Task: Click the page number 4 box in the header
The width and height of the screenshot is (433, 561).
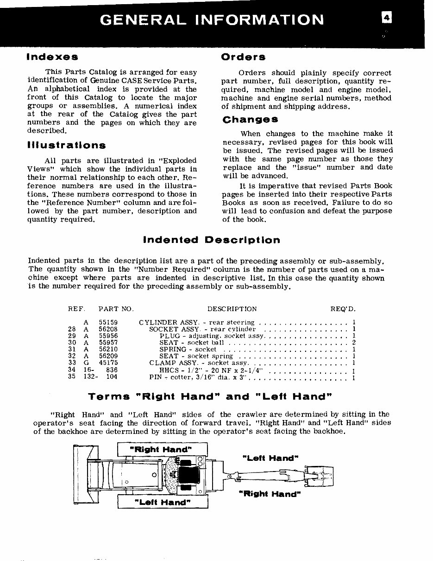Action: (x=386, y=18)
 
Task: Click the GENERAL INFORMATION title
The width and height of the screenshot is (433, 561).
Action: (x=212, y=20)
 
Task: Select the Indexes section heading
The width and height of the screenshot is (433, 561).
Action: (x=52, y=57)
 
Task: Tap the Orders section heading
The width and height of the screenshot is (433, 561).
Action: (x=243, y=57)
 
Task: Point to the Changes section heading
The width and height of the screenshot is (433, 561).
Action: (x=250, y=120)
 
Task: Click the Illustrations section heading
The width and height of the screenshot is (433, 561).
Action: (x=66, y=146)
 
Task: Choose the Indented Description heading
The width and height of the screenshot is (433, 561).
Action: (x=212, y=240)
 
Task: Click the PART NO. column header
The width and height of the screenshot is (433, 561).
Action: (x=116, y=309)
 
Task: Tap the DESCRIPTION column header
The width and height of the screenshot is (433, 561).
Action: (x=232, y=309)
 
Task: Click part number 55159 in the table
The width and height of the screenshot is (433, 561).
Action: (x=108, y=322)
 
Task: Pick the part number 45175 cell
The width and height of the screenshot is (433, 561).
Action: (x=108, y=363)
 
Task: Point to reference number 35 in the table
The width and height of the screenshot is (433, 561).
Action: (x=72, y=377)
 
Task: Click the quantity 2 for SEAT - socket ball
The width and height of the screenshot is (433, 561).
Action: (x=353, y=343)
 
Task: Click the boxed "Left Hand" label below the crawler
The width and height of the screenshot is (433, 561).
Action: (x=162, y=502)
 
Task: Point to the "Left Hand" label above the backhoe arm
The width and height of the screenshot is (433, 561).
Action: (x=270, y=458)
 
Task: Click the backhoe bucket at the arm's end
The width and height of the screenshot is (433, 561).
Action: (x=323, y=475)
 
